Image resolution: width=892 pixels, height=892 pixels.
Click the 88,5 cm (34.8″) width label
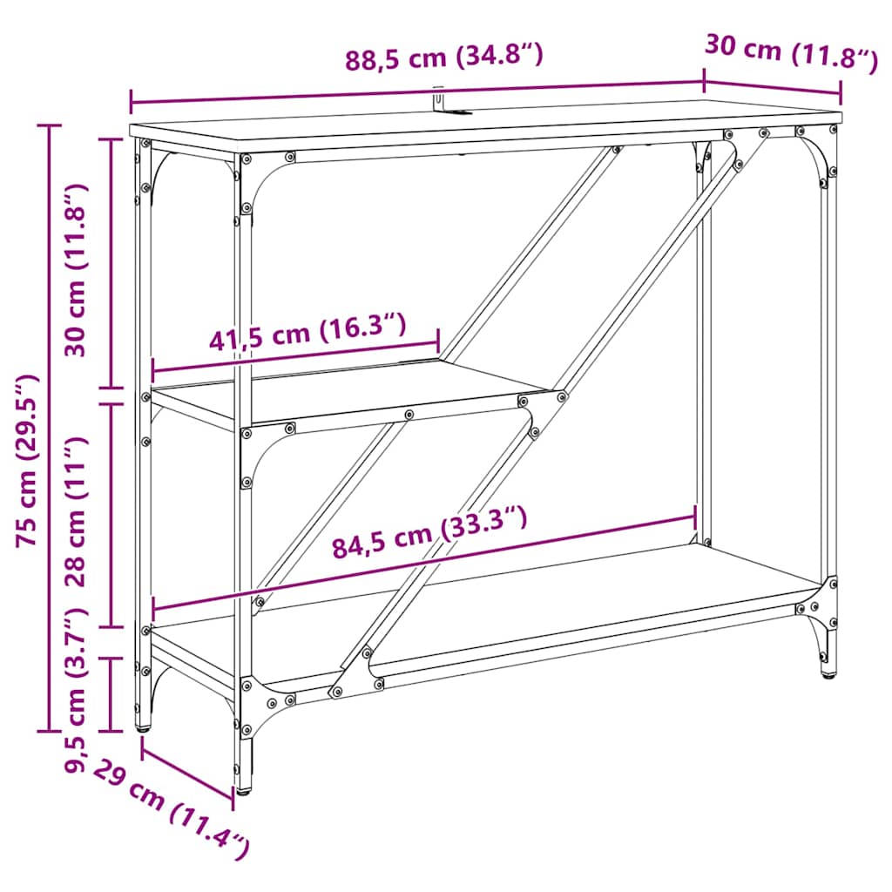pyautogui.click(x=444, y=60)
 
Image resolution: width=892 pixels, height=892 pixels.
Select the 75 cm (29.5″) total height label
pyautogui.click(x=30, y=461)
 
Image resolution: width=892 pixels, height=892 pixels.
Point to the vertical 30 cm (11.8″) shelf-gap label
pyautogui.click(x=79, y=270)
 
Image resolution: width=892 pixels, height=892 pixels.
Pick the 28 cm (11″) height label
pyautogui.click(x=79, y=514)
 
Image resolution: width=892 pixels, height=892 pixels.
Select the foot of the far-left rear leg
pyautogui.click(x=143, y=726)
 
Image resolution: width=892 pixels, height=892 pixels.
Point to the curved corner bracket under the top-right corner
pyautogui.click(x=815, y=157)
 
